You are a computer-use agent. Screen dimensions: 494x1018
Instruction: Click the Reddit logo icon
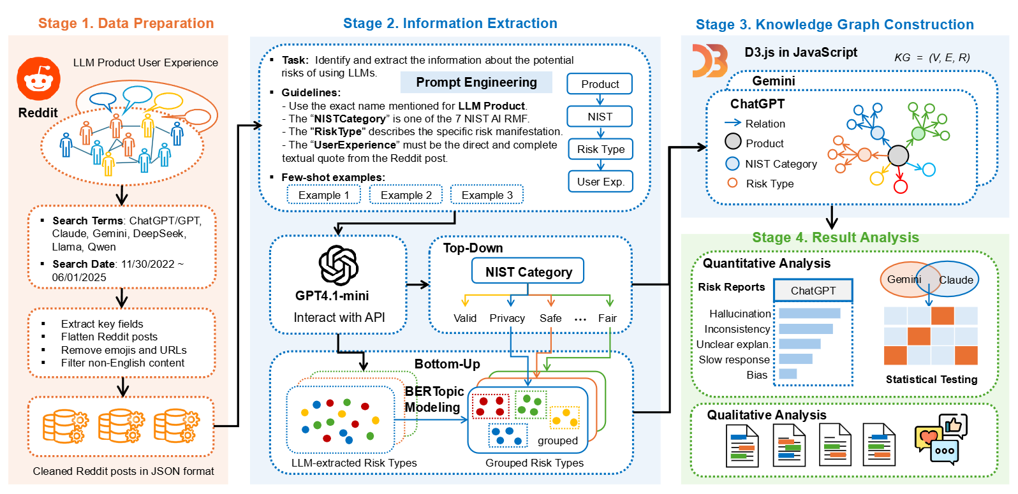tap(38, 79)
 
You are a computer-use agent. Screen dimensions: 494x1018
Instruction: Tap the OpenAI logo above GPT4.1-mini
tap(339, 265)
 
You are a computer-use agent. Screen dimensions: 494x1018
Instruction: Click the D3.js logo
tap(710, 61)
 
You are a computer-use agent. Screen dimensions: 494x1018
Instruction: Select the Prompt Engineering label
tap(476, 82)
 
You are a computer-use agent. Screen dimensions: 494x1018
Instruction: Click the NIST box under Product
tap(600, 117)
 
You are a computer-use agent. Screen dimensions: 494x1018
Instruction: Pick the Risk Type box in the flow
tap(600, 149)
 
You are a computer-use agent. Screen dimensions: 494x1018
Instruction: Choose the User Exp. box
tap(600, 182)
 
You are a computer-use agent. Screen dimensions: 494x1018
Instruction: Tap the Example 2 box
tap(406, 195)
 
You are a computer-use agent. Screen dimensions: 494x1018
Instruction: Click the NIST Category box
tap(528, 272)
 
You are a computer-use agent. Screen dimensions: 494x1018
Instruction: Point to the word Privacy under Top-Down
tap(507, 318)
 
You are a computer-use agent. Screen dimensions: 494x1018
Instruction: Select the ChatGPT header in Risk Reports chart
tap(813, 291)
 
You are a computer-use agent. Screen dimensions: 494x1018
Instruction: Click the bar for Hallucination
tap(809, 313)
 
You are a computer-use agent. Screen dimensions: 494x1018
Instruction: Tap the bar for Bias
tap(788, 374)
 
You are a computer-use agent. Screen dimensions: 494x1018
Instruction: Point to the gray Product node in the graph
tap(898, 155)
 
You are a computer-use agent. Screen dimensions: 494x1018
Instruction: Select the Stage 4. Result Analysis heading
tap(835, 238)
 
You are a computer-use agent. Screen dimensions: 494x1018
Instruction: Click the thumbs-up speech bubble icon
tap(954, 425)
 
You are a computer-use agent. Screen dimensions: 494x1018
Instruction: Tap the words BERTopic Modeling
tap(433, 400)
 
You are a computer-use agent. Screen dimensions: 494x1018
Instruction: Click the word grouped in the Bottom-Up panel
tap(557, 440)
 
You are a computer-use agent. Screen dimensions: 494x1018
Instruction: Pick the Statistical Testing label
tap(931, 379)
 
